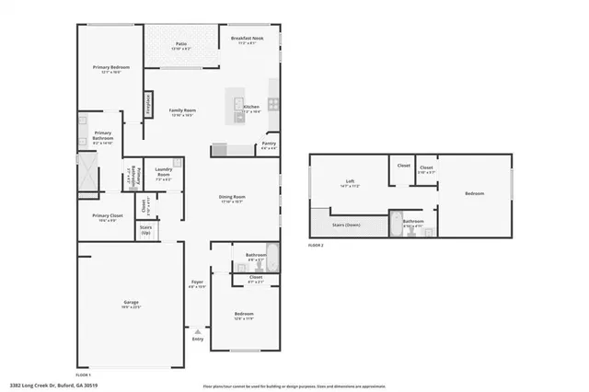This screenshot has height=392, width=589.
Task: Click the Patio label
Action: pos(181,43)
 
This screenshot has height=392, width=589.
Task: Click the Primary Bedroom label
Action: pos(110,68)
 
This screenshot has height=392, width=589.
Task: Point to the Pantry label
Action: pos(269,144)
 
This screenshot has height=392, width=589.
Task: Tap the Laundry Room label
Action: pos(164,171)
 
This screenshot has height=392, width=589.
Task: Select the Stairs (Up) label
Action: pos(145,227)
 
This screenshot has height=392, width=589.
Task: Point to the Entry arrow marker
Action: pos(197,328)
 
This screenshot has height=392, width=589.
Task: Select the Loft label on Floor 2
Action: pos(350,181)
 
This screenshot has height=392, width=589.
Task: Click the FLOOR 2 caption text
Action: pos(316,246)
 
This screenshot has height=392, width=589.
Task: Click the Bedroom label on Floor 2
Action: pos(474,193)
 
